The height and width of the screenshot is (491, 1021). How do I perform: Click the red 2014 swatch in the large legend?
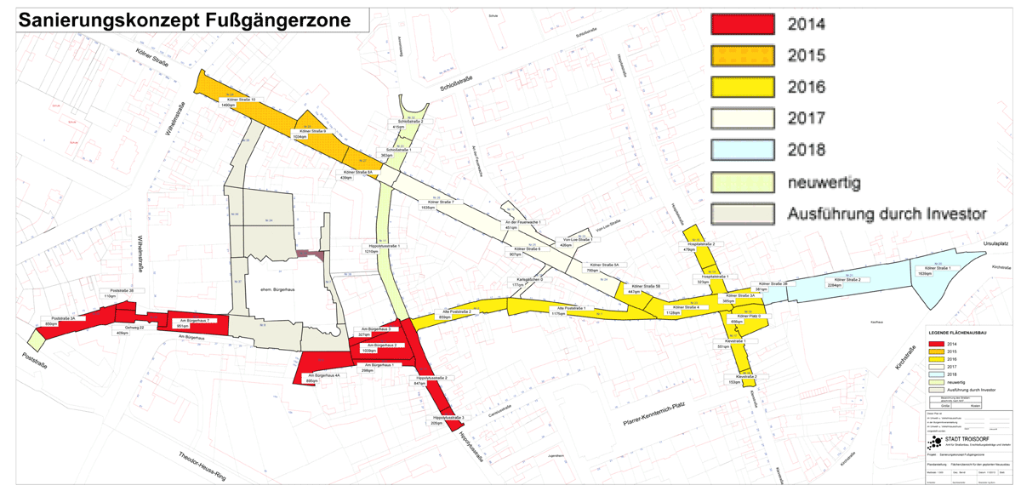point(743,24)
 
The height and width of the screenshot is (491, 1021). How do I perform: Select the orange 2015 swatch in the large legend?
point(743,55)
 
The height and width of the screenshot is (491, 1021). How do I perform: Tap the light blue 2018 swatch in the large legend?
point(743,149)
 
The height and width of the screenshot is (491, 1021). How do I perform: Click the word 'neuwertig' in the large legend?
point(825,181)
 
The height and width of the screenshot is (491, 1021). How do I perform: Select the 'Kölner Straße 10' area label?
point(241,100)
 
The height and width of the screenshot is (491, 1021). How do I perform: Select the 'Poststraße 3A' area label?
point(63,318)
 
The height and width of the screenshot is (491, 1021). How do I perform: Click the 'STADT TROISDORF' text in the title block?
point(969,439)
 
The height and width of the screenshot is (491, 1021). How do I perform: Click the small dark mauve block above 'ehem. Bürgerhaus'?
point(311,254)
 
